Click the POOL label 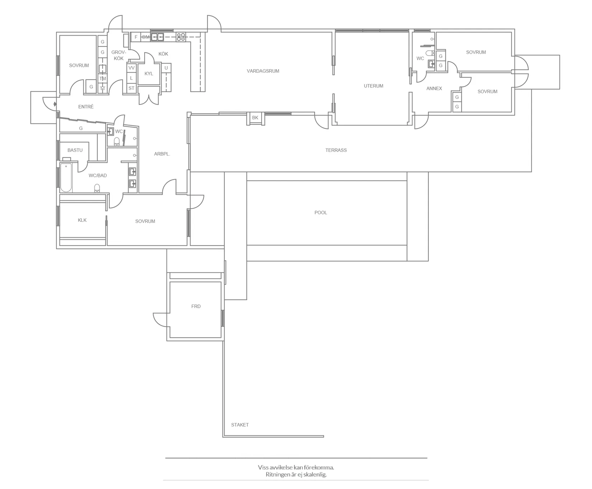click(x=320, y=212)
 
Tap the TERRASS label click(x=336, y=150)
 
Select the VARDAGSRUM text click(x=263, y=71)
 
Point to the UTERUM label click(x=373, y=86)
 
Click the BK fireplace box click(x=255, y=118)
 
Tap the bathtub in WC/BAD click(x=66, y=178)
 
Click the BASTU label click(x=75, y=150)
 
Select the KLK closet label click(x=82, y=220)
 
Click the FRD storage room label click(x=196, y=306)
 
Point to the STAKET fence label click(x=240, y=425)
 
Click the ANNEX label click(x=434, y=88)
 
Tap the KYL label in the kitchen click(x=149, y=74)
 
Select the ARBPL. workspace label click(x=162, y=154)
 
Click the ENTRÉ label click(x=86, y=107)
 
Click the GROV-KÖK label click(x=118, y=55)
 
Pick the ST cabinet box click(x=131, y=88)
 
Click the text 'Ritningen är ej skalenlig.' click(x=296, y=475)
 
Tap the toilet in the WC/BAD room click(x=97, y=188)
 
